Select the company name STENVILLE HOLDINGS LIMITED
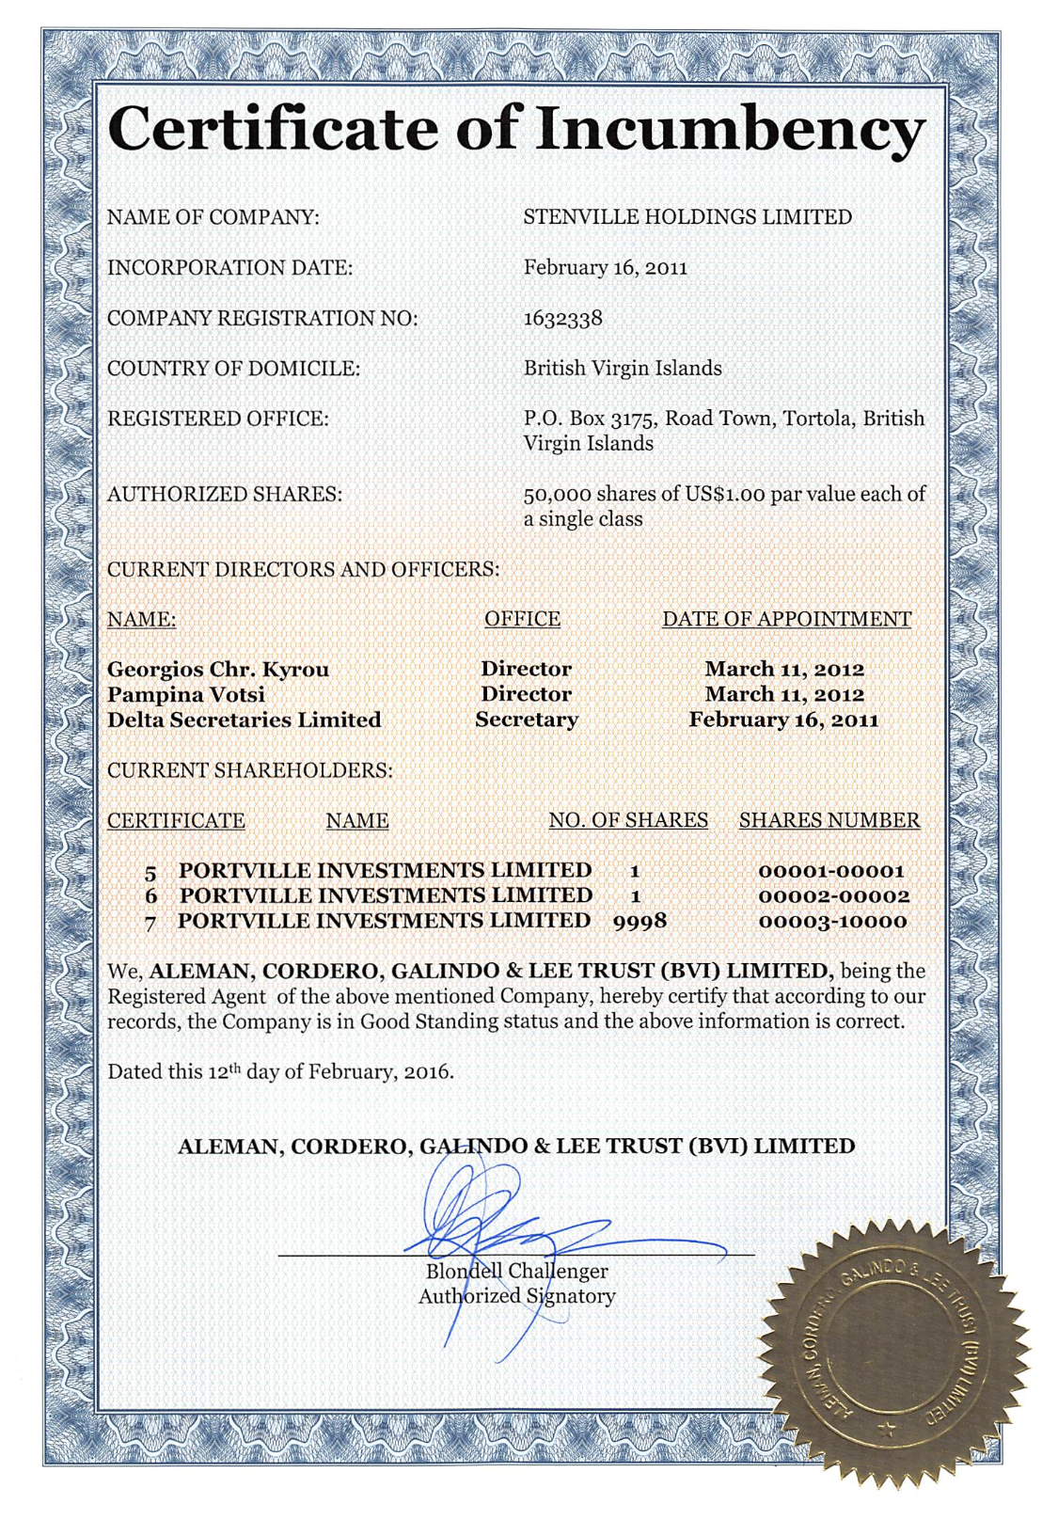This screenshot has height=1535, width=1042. click(687, 217)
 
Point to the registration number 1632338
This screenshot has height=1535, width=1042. click(562, 318)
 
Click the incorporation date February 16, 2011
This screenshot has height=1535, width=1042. click(605, 268)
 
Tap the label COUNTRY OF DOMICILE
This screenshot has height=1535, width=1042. click(233, 369)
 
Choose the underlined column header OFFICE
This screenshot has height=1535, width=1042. click(522, 619)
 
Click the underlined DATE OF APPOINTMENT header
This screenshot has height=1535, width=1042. click(786, 619)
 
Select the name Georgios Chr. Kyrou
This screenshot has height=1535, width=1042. click(218, 670)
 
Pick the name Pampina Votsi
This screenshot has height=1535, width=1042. click(186, 695)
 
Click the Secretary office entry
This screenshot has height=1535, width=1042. click(526, 720)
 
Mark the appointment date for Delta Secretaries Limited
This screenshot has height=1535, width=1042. click(783, 720)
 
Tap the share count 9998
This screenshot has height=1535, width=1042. click(639, 921)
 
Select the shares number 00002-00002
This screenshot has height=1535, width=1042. click(833, 896)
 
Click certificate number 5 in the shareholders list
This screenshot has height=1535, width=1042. click(150, 872)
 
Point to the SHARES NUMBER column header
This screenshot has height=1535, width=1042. click(829, 820)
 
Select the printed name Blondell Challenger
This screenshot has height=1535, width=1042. click(516, 1272)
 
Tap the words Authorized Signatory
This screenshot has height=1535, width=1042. click(516, 1296)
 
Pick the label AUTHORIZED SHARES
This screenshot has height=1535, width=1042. click(224, 494)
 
